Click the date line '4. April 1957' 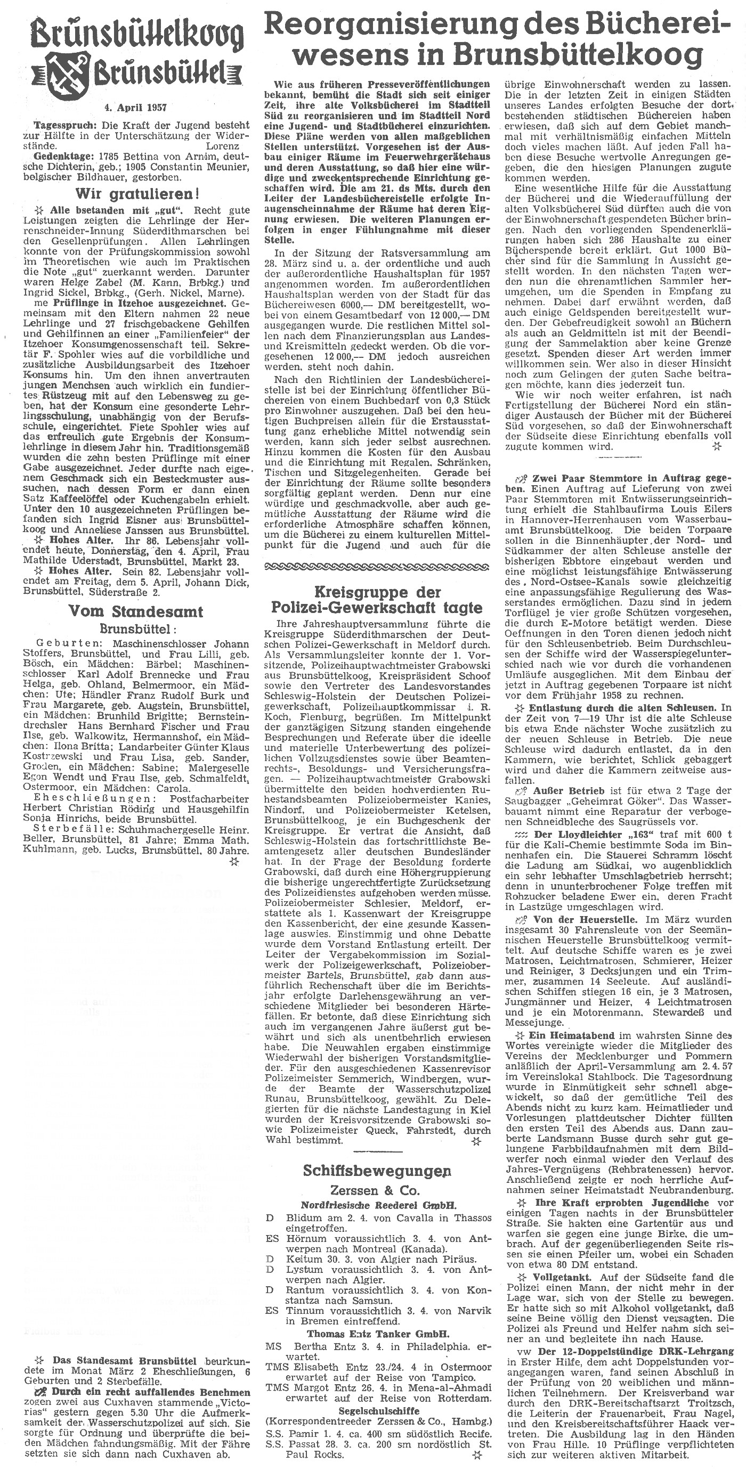(136, 107)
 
